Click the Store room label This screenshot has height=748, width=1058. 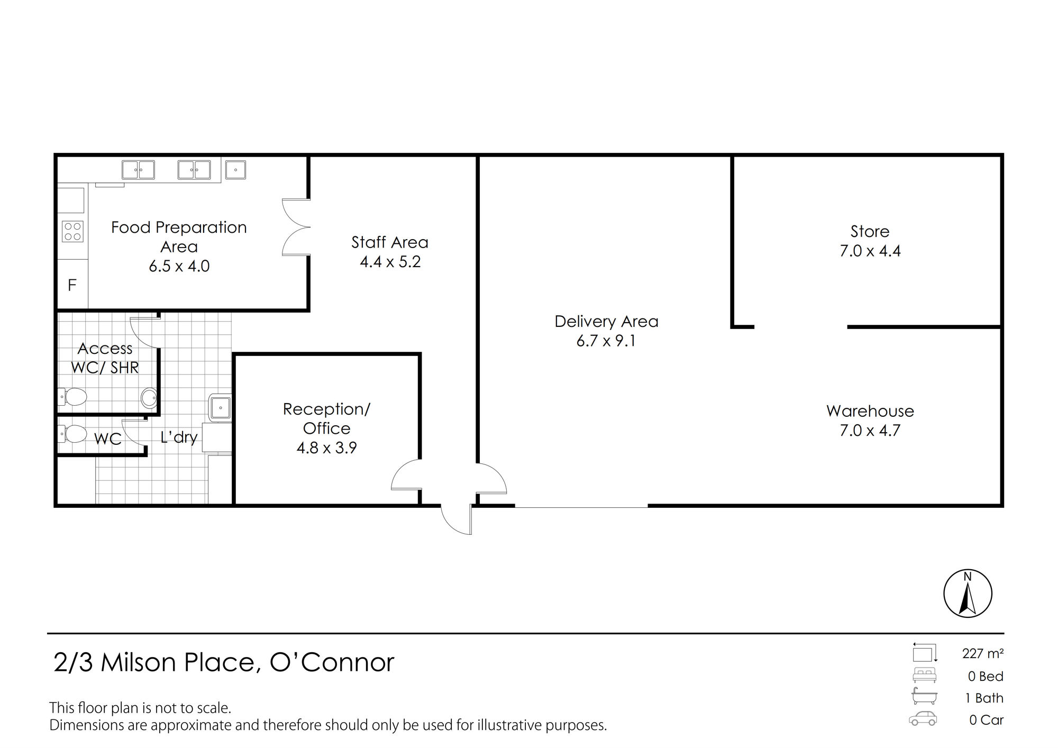point(870,231)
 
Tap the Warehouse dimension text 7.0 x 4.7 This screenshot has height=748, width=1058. point(870,431)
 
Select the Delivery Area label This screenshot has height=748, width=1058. point(606,321)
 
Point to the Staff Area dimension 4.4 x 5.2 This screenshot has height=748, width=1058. point(390,262)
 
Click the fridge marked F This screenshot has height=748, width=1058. point(72,285)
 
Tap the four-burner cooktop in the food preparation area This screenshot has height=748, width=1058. point(73,231)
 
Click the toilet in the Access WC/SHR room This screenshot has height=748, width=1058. point(72,396)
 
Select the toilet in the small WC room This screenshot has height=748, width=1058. point(72,434)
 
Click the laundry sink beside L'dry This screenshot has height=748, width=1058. point(220,408)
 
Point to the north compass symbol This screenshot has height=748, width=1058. point(968,593)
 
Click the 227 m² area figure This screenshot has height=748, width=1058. point(983,654)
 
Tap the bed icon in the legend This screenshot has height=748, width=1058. point(924,676)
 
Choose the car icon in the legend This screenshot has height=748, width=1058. point(923,719)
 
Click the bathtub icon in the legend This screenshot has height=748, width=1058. point(924,697)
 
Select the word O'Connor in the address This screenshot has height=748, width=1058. point(332,662)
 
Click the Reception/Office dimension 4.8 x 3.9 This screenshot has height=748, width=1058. point(327,448)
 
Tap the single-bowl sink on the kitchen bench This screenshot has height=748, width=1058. point(235,170)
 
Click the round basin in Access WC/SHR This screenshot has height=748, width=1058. point(149,398)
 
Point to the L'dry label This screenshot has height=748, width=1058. point(179,437)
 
